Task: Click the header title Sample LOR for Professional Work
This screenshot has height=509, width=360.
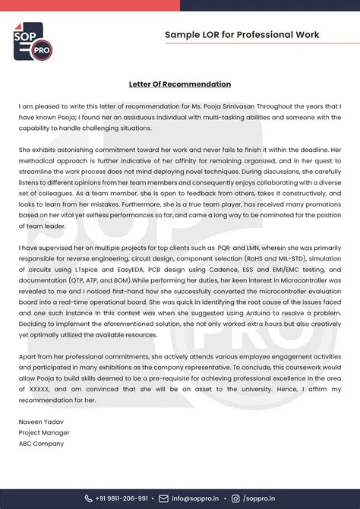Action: coord(242,35)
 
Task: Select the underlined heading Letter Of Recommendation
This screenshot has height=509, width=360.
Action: coord(180,84)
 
